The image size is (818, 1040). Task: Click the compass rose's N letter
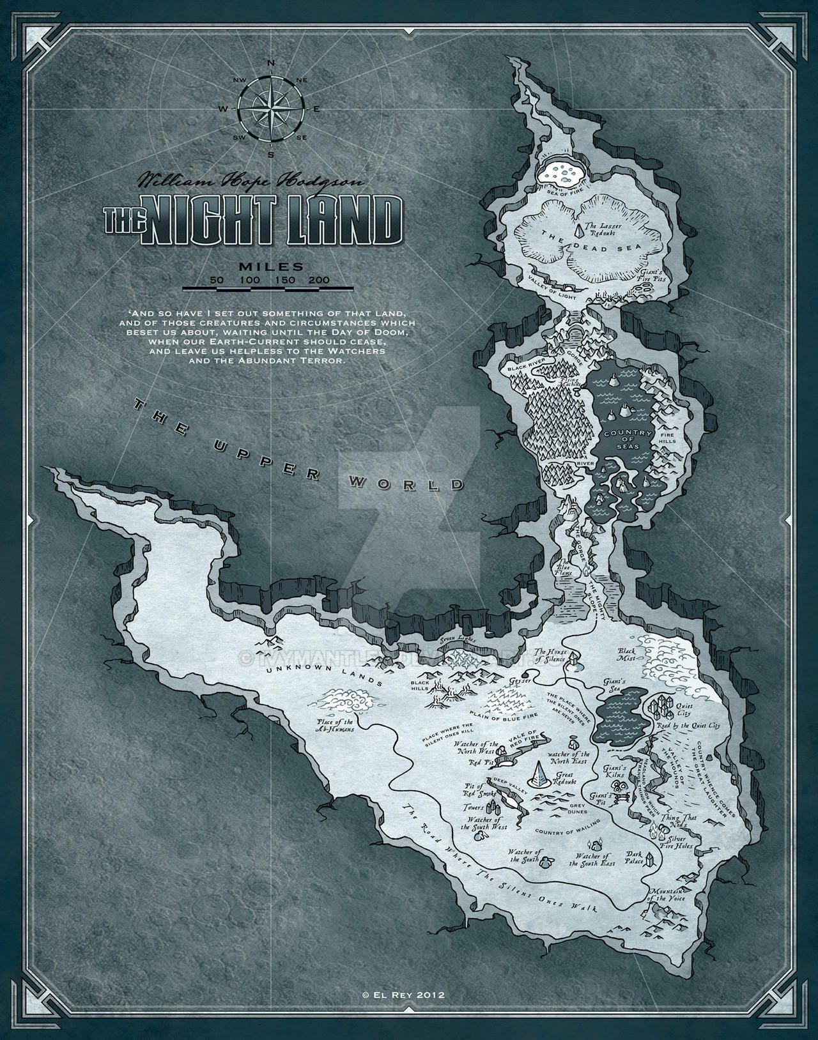coord(270,63)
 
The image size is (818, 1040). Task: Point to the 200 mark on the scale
coord(318,280)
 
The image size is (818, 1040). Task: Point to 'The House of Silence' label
coord(551,655)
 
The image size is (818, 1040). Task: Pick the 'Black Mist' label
coord(626,654)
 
